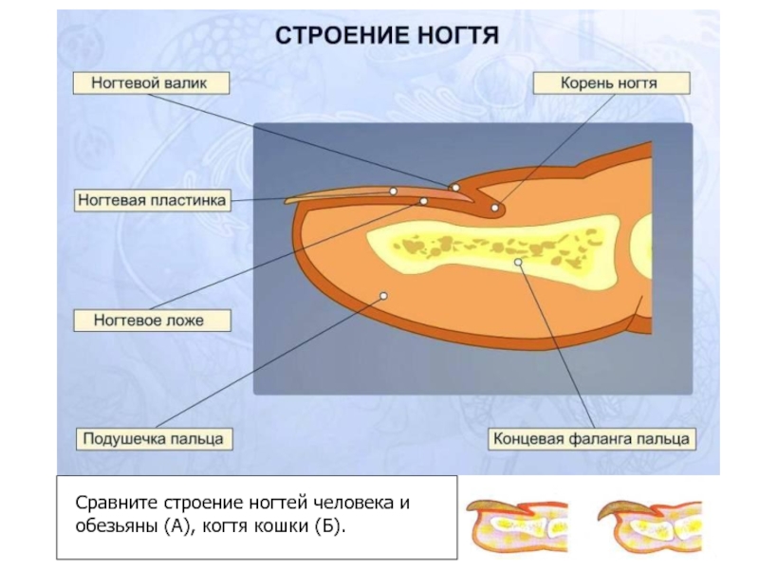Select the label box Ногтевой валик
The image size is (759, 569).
pyautogui.click(x=151, y=83)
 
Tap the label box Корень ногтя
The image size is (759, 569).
pyautogui.click(x=611, y=83)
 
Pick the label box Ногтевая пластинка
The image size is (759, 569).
pyautogui.click(x=153, y=200)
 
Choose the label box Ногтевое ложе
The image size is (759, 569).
pyautogui.click(x=152, y=321)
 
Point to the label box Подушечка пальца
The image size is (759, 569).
pyautogui.click(x=154, y=439)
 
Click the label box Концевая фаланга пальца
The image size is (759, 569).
pyautogui.click(x=591, y=439)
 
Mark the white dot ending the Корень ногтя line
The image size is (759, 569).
pyautogui.click(x=494, y=208)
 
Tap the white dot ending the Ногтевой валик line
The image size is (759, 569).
pyautogui.click(x=455, y=188)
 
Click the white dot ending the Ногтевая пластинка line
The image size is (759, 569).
pyautogui.click(x=394, y=192)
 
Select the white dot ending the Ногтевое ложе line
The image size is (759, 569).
pyautogui.click(x=423, y=201)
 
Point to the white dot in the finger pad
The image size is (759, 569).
pyautogui.click(x=383, y=296)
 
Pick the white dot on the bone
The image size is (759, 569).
pyautogui.click(x=518, y=263)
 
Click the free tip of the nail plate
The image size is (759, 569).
pyautogui.click(x=286, y=200)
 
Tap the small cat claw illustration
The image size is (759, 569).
pyautogui.click(x=650, y=526)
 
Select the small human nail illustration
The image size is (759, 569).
pyautogui.click(x=517, y=526)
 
